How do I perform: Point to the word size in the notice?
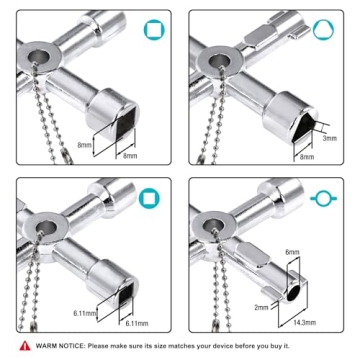pyautogui.click(x=156, y=345)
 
